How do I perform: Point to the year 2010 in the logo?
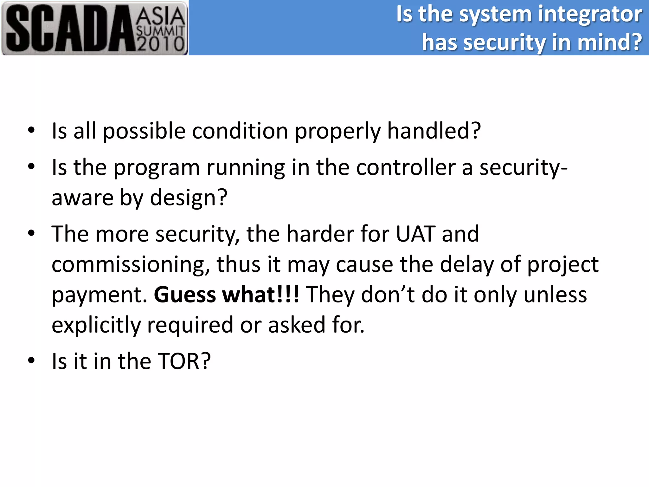point(160,44)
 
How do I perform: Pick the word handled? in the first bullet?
point(434,131)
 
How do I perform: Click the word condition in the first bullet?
point(240,131)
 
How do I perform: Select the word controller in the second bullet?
point(406,167)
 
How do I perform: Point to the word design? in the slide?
point(189,198)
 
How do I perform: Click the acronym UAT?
point(415,234)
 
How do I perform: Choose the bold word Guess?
point(185,295)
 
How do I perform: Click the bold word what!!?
point(261,295)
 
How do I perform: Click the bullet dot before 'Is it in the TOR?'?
point(31,360)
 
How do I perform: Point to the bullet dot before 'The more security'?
point(31,233)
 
